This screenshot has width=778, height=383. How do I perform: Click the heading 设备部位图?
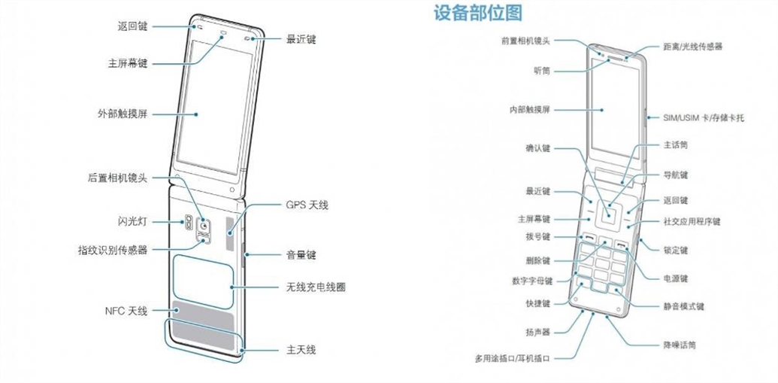[478, 13]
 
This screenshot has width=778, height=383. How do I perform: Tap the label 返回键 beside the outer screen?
[133, 26]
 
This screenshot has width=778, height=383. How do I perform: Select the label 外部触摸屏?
[122, 114]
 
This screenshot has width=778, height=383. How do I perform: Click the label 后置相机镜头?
[117, 178]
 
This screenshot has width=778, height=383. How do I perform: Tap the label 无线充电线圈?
[315, 287]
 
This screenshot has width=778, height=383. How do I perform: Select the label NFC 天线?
[127, 310]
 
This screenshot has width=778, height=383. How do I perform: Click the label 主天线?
[301, 350]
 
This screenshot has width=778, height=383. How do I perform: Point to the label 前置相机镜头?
[526, 41]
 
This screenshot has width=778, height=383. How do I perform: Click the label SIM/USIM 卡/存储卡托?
[704, 118]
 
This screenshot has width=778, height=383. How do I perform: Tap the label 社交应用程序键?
[692, 222]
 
